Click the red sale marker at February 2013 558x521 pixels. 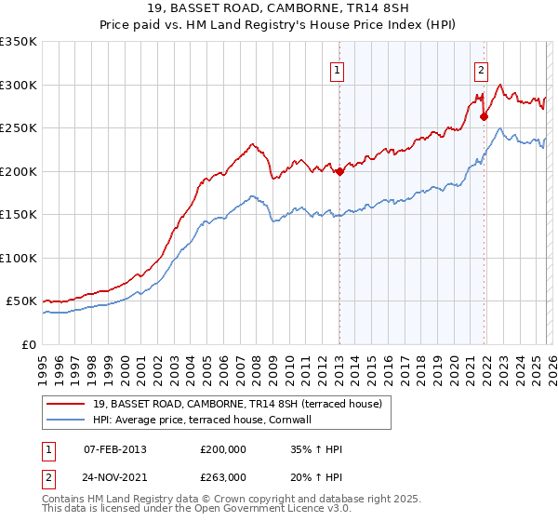pyautogui.click(x=339, y=171)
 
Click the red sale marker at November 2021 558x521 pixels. pyautogui.click(x=484, y=116)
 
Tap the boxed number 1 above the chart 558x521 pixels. pyautogui.click(x=336, y=68)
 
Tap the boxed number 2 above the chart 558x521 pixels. pyautogui.click(x=481, y=68)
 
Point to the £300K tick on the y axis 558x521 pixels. pyautogui.click(x=19, y=85)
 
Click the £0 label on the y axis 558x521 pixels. pyautogui.click(x=28, y=344)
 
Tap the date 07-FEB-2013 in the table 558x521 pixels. pyautogui.click(x=114, y=449)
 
